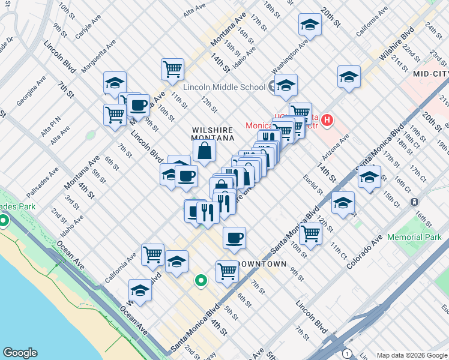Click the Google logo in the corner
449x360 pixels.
(20, 353)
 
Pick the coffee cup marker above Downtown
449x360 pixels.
(234, 237)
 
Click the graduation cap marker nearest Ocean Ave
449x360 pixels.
(140, 290)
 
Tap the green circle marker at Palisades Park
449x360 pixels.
(4, 220)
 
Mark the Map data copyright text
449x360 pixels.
(411, 355)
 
